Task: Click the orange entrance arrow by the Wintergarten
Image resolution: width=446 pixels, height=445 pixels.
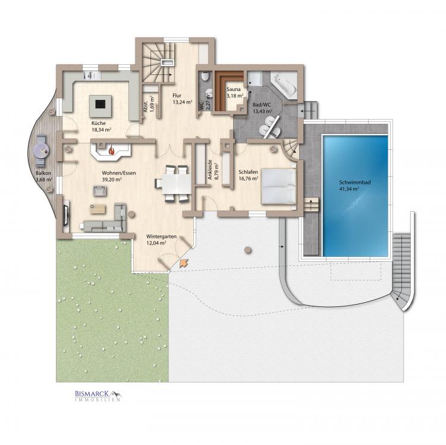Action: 184,263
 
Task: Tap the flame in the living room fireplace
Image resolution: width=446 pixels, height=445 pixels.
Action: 112,150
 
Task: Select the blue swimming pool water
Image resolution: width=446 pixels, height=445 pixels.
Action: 355,196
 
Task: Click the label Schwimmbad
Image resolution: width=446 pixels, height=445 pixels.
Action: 354,183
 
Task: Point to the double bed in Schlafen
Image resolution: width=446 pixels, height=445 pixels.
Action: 279,186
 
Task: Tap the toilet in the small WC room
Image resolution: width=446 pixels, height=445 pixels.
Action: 205,76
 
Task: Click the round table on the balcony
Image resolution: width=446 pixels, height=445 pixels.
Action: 42,151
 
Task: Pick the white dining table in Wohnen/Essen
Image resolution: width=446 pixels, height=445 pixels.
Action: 177,184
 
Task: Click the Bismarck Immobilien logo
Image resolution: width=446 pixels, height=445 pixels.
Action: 98,396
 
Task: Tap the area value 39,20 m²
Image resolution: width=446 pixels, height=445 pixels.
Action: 112,180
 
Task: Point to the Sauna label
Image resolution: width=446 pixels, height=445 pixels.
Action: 234,89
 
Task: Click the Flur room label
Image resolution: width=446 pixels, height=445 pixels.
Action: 177,96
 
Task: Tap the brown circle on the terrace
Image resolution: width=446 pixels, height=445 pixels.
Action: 248,250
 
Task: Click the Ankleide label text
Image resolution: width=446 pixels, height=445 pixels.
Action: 210,170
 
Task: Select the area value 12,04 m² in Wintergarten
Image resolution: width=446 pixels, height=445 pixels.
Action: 156,243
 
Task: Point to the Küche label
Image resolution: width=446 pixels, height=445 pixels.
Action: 98,123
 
